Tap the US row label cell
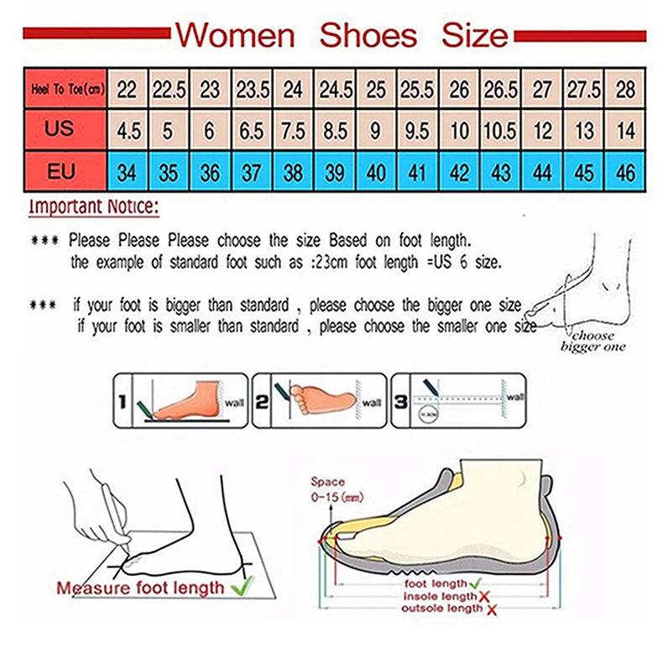point(60,129)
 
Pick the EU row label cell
point(60,172)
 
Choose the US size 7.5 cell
point(293,131)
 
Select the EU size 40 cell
point(376,173)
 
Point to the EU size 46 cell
point(625,173)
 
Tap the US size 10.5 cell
point(500,131)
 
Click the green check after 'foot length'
point(474,582)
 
